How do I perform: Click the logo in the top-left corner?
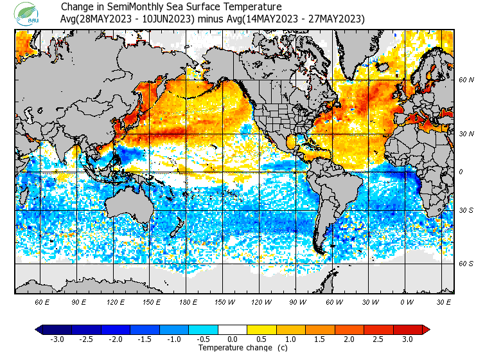[x=28, y=14]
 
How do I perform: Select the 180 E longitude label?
[x=187, y=301]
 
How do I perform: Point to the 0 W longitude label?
[x=406, y=301]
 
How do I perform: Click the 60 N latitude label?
[x=466, y=80]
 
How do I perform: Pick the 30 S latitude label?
[x=466, y=211]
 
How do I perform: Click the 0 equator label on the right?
[x=461, y=172]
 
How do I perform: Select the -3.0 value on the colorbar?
[x=57, y=339]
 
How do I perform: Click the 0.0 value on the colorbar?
[x=233, y=339]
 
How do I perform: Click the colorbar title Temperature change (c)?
[x=233, y=348]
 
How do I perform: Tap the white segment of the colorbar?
[x=233, y=330]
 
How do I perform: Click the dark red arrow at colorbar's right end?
[x=425, y=330]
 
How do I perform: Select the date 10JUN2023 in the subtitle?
[x=164, y=19]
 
